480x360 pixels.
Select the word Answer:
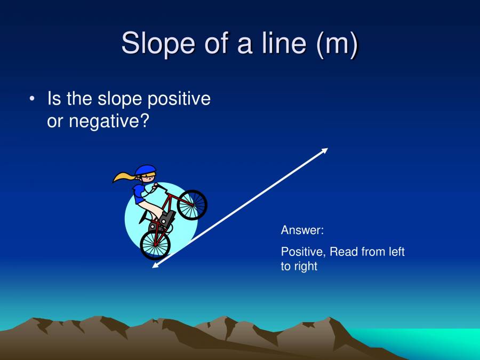pos(302,230)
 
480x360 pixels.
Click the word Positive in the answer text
pos(303,251)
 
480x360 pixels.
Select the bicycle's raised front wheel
pos(192,204)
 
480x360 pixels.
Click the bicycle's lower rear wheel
pos(155,244)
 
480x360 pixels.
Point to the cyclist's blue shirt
pos(140,192)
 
